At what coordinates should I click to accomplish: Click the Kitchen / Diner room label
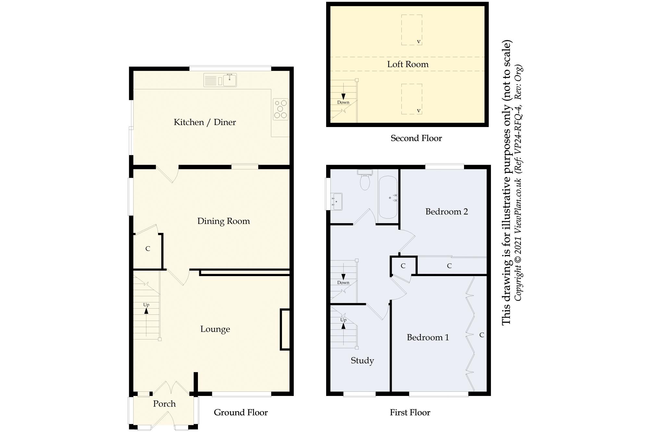coord(205,122)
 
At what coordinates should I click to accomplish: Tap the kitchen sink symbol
coord(220,80)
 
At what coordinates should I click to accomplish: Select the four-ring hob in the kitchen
coord(281,109)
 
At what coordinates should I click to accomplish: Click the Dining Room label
coord(224,221)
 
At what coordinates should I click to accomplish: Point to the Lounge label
coord(215,329)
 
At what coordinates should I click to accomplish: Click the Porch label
coord(164,404)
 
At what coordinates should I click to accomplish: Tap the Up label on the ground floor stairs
coord(146,305)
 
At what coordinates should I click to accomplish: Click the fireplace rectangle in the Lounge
coord(285,329)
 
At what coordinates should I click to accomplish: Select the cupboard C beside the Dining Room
coord(148,249)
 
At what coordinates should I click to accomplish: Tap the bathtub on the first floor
coord(388,197)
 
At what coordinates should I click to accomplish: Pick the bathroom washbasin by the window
coord(337,201)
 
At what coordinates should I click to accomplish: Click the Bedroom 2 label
coord(447,212)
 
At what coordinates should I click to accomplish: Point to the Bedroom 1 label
coord(428,337)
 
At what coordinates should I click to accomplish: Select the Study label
coord(362,361)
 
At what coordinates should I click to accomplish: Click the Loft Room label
coord(408,64)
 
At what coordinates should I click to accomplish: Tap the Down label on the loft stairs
coord(343,102)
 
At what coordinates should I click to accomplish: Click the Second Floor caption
coord(416,138)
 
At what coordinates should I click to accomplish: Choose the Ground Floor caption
coord(241,413)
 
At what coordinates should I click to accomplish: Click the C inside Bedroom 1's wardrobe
coord(482,335)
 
